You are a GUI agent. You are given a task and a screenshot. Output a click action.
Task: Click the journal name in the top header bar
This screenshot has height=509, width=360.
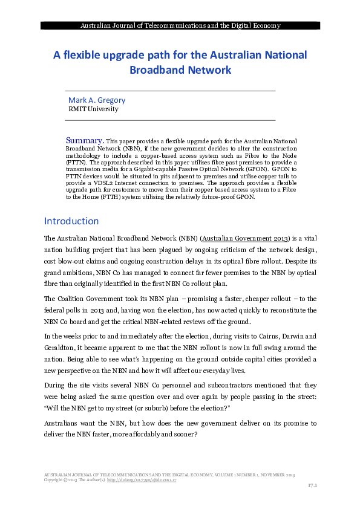coord(180,26)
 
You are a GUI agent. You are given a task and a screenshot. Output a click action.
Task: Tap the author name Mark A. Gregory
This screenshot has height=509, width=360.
coord(97,100)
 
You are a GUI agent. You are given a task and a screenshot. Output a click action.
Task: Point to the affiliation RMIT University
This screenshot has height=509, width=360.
coord(93,109)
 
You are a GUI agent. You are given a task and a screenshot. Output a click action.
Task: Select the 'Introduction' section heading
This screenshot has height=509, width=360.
coord(71,221)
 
